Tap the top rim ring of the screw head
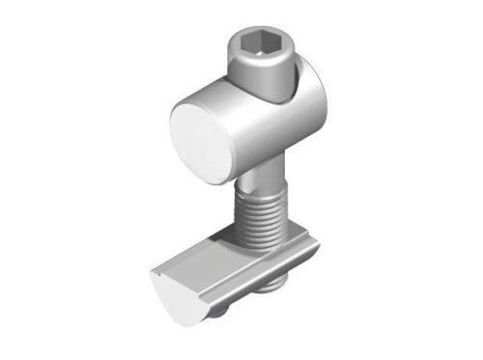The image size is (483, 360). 258,30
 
